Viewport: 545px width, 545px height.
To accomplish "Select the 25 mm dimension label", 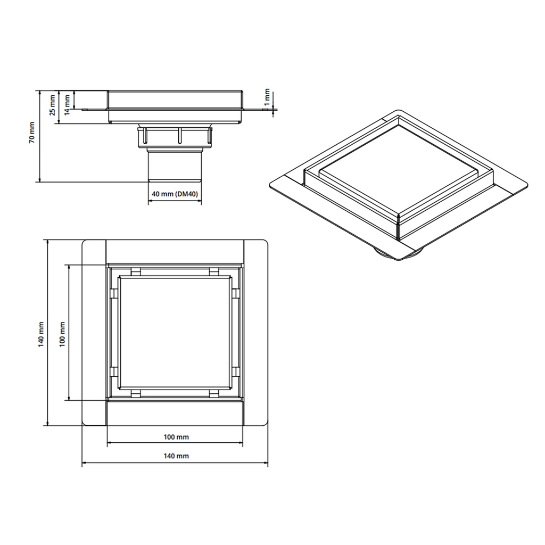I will pyautogui.click(x=52, y=105).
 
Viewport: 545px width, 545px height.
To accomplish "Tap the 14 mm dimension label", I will pyautogui.click(x=67, y=102).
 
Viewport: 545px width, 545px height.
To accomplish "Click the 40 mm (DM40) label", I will pyautogui.click(x=175, y=195).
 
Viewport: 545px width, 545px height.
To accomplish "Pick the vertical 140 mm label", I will pyautogui.click(x=41, y=334).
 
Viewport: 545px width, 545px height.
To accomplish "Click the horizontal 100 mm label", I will pyautogui.click(x=176, y=437).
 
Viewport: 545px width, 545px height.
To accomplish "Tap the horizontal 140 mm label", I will pyautogui.click(x=176, y=456).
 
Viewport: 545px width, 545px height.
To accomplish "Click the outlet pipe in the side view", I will pyautogui.click(x=175, y=165).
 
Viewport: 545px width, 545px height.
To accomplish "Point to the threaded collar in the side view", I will pyautogui.click(x=175, y=137).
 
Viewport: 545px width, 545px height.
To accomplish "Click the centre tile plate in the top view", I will pyautogui.click(x=175, y=333).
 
